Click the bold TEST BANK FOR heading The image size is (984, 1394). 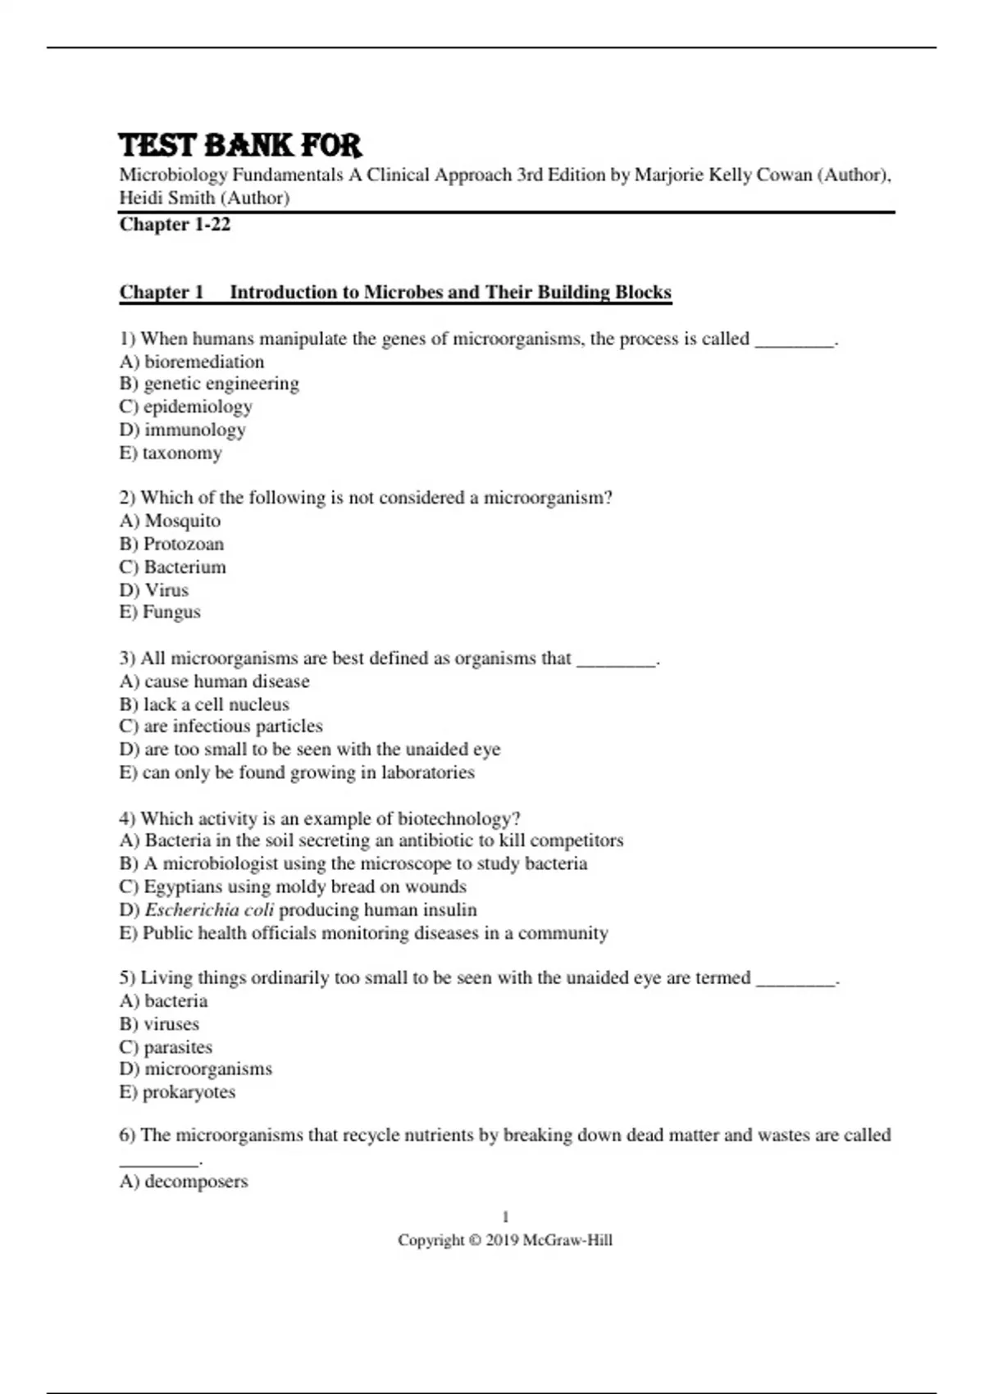point(239,146)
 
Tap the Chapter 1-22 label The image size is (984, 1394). point(175,225)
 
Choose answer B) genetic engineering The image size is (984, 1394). point(209,384)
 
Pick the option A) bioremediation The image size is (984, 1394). point(192,362)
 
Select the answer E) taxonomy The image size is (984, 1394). point(171,453)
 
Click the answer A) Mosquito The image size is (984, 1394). point(170,521)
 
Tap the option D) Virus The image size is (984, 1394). point(154,590)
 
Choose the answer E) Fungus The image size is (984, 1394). point(160,612)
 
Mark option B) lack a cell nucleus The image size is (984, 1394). point(204,704)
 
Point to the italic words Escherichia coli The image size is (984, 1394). point(209,910)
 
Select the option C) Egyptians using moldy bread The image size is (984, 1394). point(293,886)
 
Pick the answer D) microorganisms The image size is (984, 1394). point(196,1069)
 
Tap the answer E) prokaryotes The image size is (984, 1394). point(177,1092)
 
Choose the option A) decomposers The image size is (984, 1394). point(184,1182)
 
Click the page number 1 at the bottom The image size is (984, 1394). point(505,1217)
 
